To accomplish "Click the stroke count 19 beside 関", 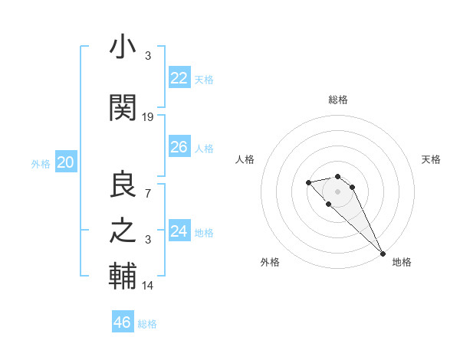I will click(x=148, y=117).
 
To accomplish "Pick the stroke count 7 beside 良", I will click(x=148, y=192).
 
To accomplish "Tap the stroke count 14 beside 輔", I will click(x=148, y=285).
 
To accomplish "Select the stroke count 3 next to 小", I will click(x=148, y=56).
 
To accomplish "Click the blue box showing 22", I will click(x=179, y=78).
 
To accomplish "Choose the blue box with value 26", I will click(x=179, y=147).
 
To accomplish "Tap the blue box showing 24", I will click(x=179, y=231).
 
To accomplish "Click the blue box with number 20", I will click(x=66, y=162).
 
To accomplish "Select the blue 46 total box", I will click(x=123, y=322).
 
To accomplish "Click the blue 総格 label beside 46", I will click(x=147, y=324).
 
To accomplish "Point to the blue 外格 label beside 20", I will click(x=41, y=164).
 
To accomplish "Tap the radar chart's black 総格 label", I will click(x=338, y=100).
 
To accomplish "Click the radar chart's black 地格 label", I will click(x=402, y=262).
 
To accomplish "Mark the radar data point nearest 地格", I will click(x=383, y=254).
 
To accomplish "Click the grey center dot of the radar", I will click(x=338, y=191).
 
